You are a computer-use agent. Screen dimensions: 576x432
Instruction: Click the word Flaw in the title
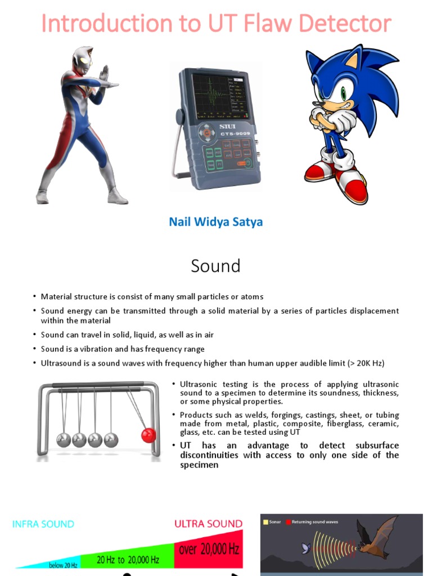pos(260,24)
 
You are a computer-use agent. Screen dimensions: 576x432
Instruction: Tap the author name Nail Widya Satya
pos(215,222)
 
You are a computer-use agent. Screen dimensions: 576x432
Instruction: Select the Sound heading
pos(215,265)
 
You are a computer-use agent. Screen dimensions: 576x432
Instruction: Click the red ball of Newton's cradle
pos(148,435)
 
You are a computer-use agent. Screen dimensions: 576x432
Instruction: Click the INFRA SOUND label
pos(43,524)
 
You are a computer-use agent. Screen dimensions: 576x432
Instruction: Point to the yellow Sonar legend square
pos(265,522)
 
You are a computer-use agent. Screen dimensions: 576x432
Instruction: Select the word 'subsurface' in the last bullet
pos(373,445)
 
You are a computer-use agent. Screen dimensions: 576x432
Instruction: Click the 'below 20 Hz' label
pos(63,564)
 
